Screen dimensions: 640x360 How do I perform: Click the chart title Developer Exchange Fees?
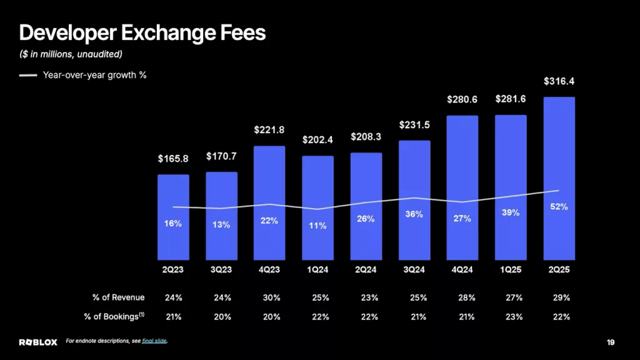pos(142,33)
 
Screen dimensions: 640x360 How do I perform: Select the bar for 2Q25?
pos(559,178)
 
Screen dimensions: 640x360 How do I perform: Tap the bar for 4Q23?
pos(269,203)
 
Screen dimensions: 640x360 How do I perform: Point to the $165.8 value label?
pos(173,158)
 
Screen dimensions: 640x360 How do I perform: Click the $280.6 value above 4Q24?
pos(462,99)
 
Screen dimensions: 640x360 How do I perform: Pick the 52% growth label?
pos(559,206)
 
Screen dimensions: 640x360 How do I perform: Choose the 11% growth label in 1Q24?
pos(317,225)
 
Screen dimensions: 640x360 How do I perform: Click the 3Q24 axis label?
pos(414,270)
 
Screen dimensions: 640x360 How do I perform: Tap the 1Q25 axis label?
pos(511,270)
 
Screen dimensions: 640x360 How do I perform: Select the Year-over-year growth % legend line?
pos(27,75)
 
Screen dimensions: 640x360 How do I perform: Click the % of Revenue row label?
pos(118,297)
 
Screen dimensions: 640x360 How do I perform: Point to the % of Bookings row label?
pos(114,316)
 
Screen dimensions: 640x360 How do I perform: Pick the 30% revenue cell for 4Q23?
pos(271,297)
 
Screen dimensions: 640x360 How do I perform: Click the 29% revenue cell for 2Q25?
pos(561,297)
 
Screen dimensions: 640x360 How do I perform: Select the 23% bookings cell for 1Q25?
pos(514,317)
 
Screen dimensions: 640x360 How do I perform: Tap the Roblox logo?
pos(38,342)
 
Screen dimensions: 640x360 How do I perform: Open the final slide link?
pos(154,341)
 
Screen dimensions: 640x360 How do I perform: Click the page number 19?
pos(611,342)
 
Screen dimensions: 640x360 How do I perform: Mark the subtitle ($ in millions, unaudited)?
pos(71,54)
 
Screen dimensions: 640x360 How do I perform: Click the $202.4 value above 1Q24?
pos(317,139)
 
